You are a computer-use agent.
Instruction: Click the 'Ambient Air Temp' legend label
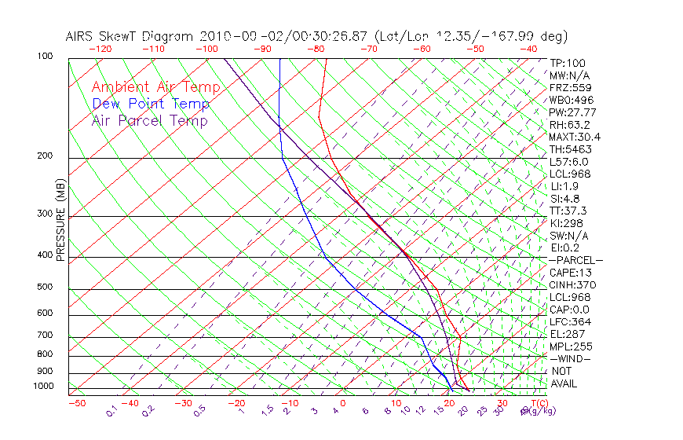click(x=155, y=87)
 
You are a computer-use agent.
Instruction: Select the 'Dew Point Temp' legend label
click(x=151, y=104)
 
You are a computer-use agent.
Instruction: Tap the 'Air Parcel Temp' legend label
click(x=149, y=120)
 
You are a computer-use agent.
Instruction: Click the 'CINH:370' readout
click(x=571, y=284)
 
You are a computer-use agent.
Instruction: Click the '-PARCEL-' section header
click(x=575, y=260)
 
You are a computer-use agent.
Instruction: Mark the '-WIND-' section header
click(x=571, y=358)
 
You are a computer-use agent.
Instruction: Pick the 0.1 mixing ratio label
click(x=111, y=410)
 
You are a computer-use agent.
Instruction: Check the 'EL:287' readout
click(x=565, y=334)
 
